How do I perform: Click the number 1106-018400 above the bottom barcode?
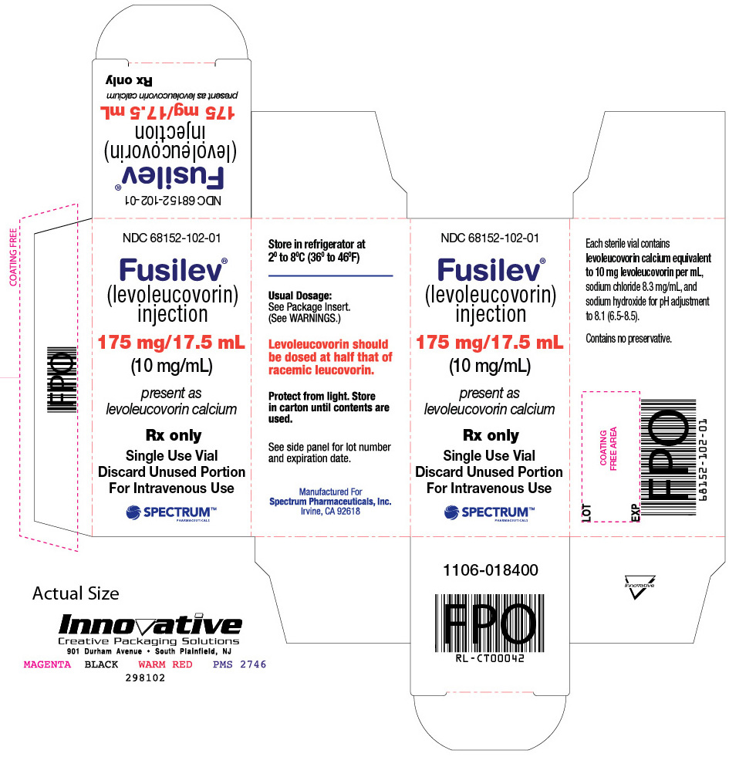(x=491, y=570)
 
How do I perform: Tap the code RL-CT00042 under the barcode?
(x=490, y=658)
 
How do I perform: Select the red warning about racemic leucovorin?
(x=330, y=357)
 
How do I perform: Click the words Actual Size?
(x=76, y=593)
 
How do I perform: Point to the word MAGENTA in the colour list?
(x=47, y=665)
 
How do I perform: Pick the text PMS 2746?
(x=239, y=665)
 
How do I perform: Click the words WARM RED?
(x=166, y=665)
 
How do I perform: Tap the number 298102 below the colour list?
(x=145, y=678)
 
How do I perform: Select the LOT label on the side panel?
(x=586, y=512)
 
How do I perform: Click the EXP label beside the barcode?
(x=636, y=512)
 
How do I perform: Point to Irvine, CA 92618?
(x=330, y=512)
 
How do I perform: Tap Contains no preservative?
(x=629, y=339)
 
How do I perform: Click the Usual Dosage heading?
(x=300, y=296)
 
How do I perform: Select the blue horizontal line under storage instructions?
(x=331, y=275)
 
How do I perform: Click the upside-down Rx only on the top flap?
(x=129, y=80)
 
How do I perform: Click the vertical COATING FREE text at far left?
(x=14, y=257)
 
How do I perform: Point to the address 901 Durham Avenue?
(x=104, y=651)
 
